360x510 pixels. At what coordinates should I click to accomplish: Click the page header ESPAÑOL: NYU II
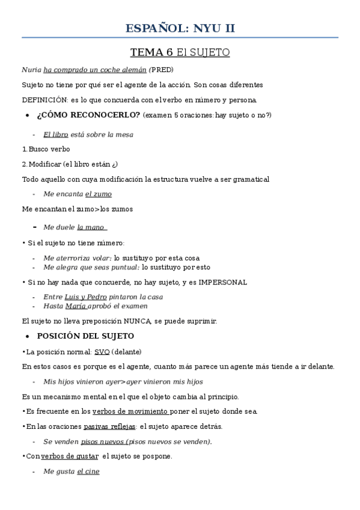click(180, 28)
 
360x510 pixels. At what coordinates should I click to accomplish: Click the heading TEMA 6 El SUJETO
click(180, 52)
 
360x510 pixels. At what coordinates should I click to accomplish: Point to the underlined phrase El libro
click(55, 135)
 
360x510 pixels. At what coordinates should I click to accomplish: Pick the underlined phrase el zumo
click(98, 194)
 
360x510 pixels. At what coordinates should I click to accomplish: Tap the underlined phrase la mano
click(91, 227)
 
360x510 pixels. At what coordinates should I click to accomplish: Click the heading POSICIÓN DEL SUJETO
click(85, 336)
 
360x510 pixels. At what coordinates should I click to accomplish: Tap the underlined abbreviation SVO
click(102, 352)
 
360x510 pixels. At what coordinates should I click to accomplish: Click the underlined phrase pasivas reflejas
click(109, 426)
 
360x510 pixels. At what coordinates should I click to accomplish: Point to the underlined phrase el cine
click(88, 472)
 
